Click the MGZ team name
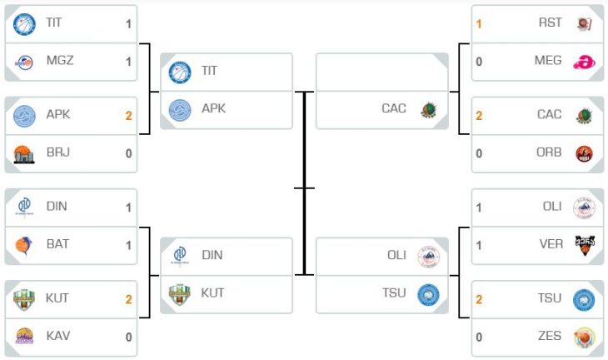pos(60,61)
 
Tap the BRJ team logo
pos(24,154)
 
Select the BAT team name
pos(57,244)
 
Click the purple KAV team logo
pos(24,336)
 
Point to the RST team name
pos(550,22)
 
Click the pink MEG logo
pos(584,62)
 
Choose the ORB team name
pos(549,152)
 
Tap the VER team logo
pos(585,245)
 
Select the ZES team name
pos(550,336)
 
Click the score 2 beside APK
pos(129,116)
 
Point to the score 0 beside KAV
pos(129,337)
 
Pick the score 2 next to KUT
pos(129,299)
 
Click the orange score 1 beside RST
pos(479,24)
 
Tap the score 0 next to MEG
pos(479,62)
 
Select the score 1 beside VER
pos(479,246)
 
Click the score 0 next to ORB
pos(479,153)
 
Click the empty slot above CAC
pos(382,72)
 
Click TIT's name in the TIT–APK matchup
pos(209,71)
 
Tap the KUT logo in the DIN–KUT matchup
pos(180,294)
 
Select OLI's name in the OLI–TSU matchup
pos(396,255)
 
